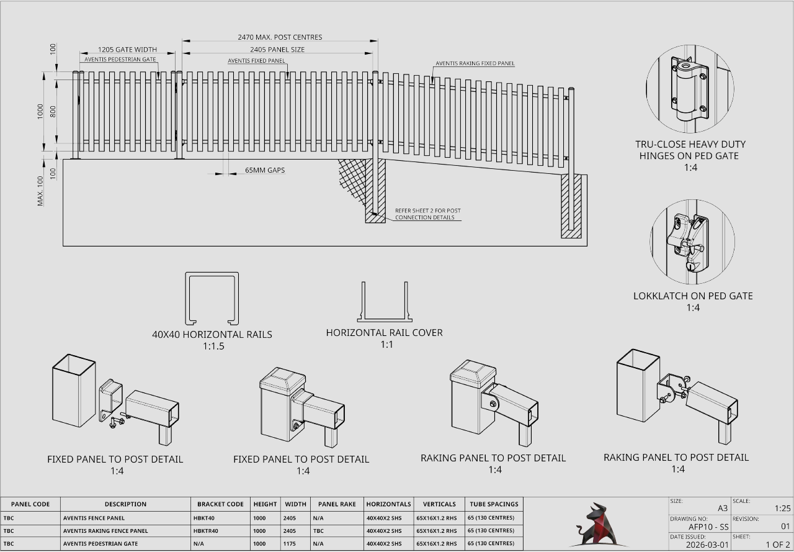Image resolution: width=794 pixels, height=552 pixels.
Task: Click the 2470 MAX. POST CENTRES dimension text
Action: (280, 37)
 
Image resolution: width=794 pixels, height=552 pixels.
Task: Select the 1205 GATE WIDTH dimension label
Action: (127, 50)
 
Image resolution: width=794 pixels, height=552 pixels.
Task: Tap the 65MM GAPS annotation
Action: (265, 170)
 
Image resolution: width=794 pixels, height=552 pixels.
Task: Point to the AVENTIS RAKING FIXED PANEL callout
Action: (475, 63)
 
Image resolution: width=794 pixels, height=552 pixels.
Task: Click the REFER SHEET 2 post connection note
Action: (427, 214)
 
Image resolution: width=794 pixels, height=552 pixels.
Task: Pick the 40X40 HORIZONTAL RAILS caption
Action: (212, 334)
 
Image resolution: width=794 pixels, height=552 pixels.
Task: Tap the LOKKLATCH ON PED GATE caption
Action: (692, 296)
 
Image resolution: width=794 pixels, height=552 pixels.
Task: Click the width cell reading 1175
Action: (290, 544)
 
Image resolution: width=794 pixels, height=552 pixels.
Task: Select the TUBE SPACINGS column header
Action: (494, 504)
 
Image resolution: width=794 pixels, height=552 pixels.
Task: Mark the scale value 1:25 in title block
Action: (782, 509)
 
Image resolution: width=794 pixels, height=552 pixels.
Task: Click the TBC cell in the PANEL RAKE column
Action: (318, 531)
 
